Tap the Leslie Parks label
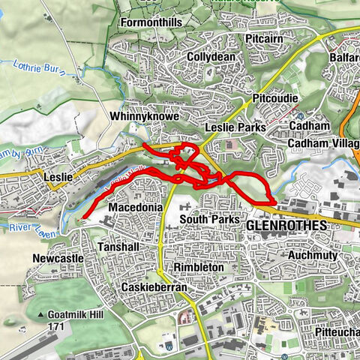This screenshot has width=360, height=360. tap(235, 129)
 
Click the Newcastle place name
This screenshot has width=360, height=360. tap(58, 259)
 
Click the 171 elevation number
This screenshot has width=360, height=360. tap(55, 328)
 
